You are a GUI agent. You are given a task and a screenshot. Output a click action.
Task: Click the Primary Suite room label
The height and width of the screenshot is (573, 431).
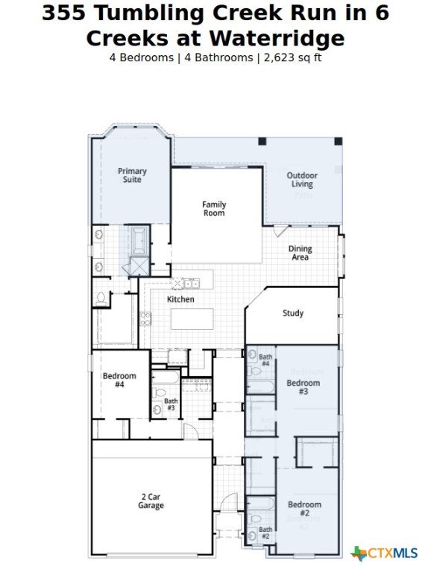point(132,175)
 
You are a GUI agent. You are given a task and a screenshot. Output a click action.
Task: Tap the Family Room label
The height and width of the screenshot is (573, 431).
point(214,209)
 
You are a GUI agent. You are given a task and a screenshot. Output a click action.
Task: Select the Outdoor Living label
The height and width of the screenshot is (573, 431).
point(302,179)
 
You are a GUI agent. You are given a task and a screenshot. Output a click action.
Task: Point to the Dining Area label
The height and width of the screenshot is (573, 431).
point(300,253)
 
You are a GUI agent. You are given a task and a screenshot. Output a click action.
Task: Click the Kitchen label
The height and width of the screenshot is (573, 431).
point(180,299)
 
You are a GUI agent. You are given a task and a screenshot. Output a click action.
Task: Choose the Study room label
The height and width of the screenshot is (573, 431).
point(293,313)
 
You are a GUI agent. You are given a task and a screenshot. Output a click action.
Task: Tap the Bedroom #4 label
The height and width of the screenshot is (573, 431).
point(119,380)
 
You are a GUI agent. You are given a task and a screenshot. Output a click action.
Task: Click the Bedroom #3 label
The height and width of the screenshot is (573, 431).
point(303,387)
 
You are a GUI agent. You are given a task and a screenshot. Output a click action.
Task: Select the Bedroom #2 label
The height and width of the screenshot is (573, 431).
point(305,509)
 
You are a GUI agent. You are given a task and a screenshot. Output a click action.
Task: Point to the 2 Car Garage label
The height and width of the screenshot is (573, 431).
point(151,501)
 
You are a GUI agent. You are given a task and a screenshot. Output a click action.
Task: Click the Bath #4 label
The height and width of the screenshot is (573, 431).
point(265,360)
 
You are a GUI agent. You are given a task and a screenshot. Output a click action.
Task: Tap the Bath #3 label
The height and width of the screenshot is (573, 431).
point(171,404)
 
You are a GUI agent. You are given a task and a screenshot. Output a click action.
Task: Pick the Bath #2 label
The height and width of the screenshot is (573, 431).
point(265,533)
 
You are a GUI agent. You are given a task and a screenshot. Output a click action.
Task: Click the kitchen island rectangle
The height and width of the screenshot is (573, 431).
point(192,319)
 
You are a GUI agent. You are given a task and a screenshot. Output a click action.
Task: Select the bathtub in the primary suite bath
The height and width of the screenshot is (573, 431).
point(139,241)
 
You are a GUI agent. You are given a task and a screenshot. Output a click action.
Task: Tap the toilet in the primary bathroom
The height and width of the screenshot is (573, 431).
point(101,298)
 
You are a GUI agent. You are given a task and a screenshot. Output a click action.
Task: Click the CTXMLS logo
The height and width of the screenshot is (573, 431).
point(384,553)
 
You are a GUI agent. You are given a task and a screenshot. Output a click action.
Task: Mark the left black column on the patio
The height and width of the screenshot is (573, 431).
point(262,142)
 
